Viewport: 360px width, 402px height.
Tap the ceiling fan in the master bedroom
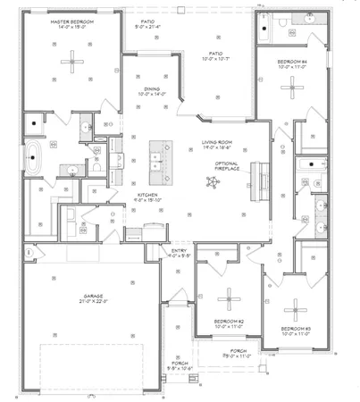pyautogui.click(x=69, y=61)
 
